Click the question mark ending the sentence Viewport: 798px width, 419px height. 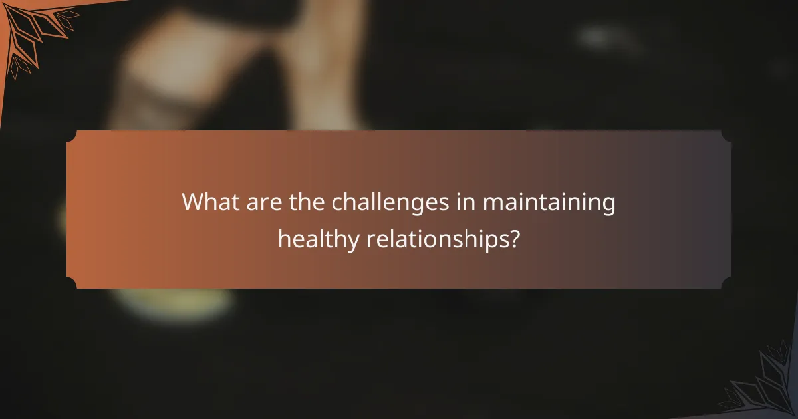(513, 237)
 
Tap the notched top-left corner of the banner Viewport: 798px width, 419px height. (71, 135)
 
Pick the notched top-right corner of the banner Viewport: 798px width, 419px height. (727, 135)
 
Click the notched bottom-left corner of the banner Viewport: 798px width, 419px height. (71, 284)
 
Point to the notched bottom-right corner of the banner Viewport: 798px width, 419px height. (727, 284)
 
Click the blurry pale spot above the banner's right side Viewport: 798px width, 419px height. (602, 37)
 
